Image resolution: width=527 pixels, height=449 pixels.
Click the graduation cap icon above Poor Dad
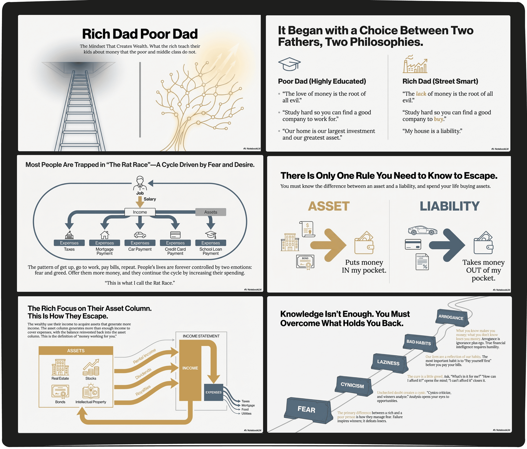[x=289, y=64]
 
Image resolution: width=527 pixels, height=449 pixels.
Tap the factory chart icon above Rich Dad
[x=415, y=64]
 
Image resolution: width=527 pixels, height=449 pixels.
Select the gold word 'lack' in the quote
[x=421, y=94]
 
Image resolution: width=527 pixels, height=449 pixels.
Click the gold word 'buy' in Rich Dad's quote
[x=439, y=119]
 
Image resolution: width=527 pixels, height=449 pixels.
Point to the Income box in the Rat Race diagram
[x=140, y=212]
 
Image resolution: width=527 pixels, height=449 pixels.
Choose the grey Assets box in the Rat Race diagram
[x=211, y=212]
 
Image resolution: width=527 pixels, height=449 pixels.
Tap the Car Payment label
[x=140, y=249]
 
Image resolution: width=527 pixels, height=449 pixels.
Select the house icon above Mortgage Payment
[x=105, y=234]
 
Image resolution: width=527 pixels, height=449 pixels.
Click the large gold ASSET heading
[x=329, y=206]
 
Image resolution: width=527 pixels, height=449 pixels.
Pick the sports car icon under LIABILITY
[x=422, y=230]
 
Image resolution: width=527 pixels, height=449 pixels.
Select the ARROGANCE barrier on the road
[x=452, y=318]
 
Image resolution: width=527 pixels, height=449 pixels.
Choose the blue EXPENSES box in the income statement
[x=214, y=392]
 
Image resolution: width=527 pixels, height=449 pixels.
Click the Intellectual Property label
[x=91, y=402]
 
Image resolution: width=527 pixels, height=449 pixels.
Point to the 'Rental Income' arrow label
[x=144, y=356]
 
